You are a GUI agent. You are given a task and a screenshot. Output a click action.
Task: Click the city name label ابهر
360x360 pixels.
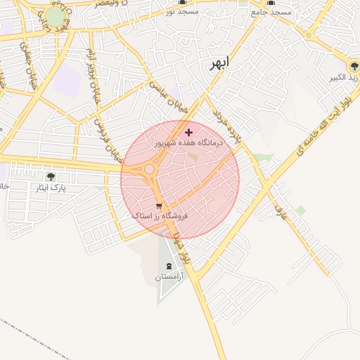coord(219,63)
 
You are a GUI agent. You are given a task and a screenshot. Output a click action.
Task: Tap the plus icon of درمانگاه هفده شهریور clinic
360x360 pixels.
coord(188,132)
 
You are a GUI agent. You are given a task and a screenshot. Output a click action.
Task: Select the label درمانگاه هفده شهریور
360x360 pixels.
coord(188,143)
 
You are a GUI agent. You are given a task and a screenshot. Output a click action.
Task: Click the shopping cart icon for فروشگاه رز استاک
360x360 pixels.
coord(160,206)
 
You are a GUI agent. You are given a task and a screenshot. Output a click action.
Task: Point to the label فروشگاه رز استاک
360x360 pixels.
coord(160,217)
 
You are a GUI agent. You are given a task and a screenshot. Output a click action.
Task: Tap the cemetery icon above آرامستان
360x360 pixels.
coord(168,266)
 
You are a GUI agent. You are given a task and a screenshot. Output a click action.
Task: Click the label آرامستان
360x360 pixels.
coord(168,278)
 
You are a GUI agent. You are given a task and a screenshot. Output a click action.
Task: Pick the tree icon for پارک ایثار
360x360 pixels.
coord(50,176)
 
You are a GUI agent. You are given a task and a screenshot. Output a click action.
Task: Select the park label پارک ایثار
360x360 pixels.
coord(50,188)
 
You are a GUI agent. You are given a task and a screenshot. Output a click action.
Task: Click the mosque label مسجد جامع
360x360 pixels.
coord(271,12)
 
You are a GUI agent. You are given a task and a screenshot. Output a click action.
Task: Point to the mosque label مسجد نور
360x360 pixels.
coord(183,12)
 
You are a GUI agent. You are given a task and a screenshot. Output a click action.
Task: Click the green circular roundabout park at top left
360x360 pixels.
coord(55,17)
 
